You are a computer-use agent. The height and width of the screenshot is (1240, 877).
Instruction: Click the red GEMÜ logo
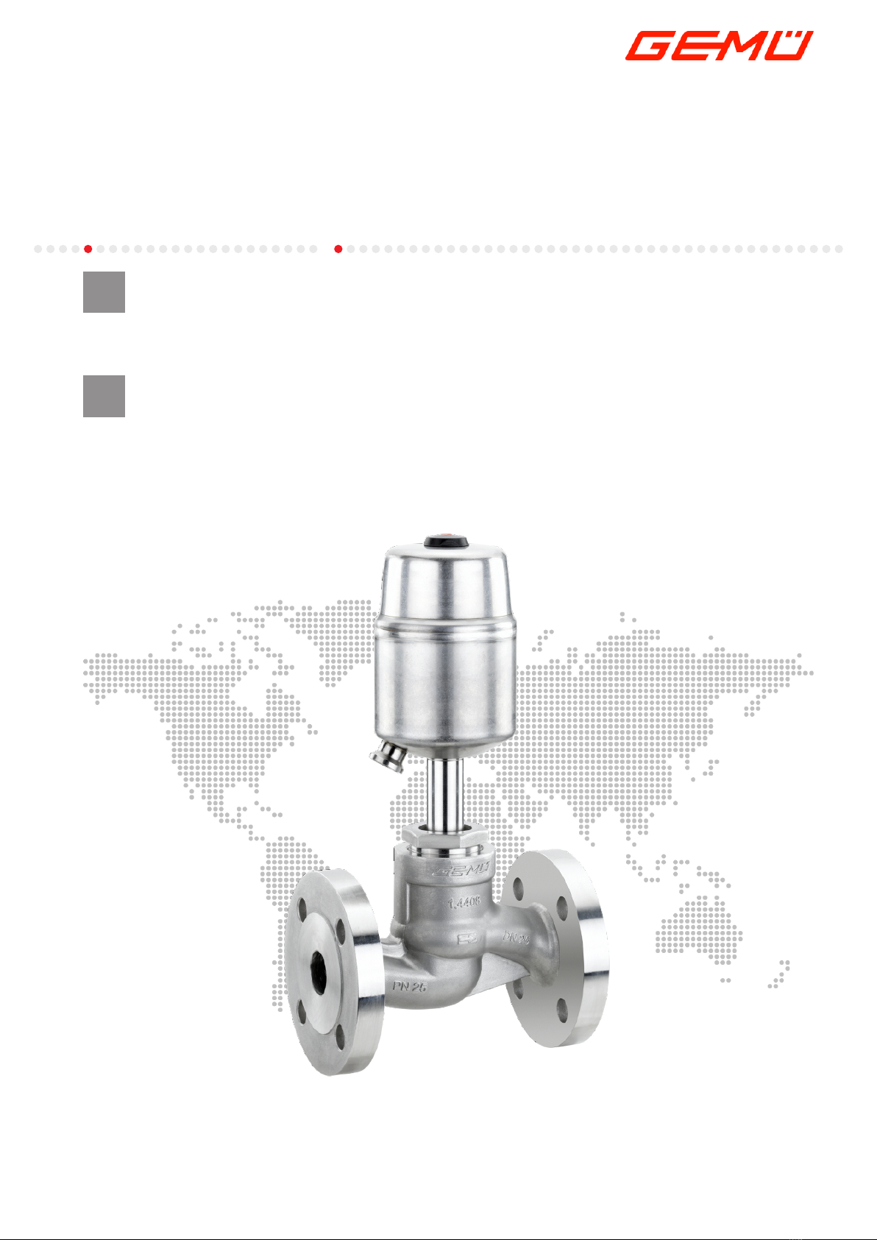click(x=719, y=46)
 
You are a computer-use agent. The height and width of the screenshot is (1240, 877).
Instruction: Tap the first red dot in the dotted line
click(x=88, y=249)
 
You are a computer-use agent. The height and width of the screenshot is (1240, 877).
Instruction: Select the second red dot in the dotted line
click(x=338, y=249)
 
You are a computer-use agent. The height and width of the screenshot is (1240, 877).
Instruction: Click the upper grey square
click(x=104, y=291)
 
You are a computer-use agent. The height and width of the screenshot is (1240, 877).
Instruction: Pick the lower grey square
click(x=104, y=396)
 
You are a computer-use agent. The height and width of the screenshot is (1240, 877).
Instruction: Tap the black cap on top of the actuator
click(x=446, y=542)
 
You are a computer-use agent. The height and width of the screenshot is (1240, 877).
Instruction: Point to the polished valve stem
click(x=445, y=793)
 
